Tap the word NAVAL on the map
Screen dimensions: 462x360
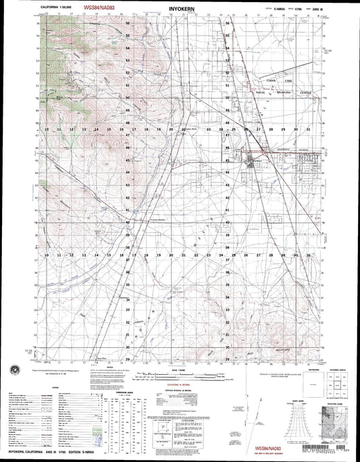(261, 91)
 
